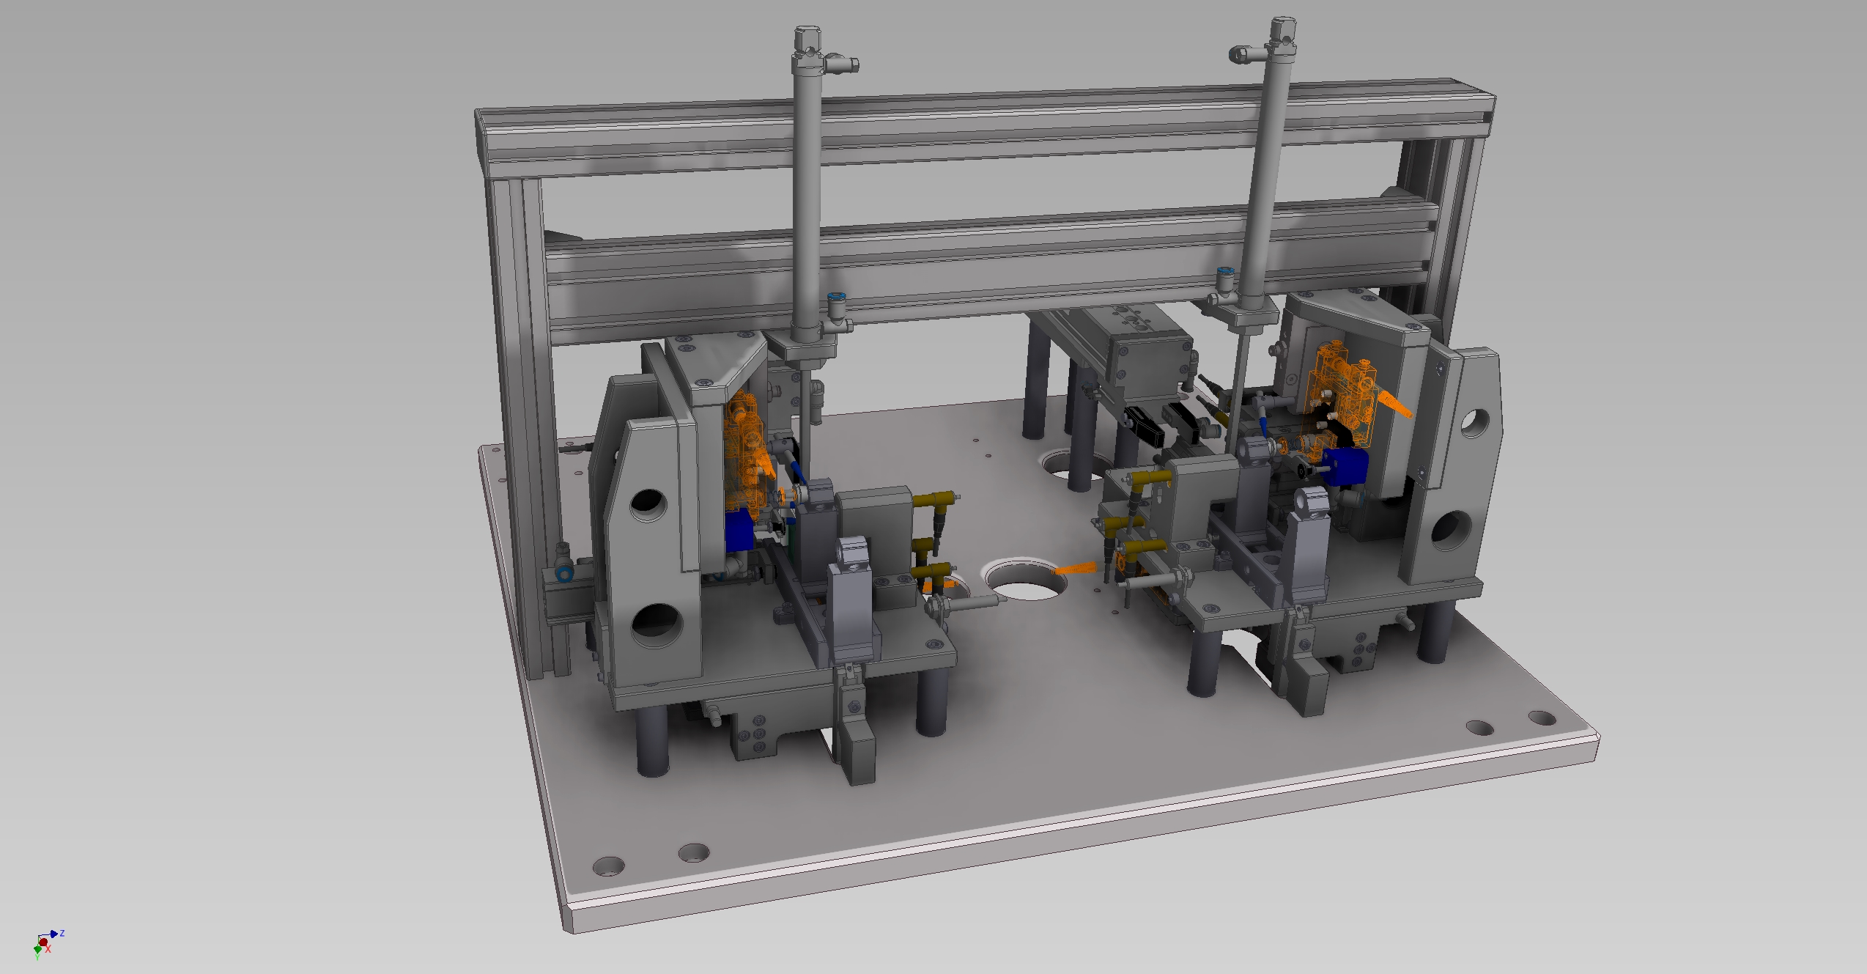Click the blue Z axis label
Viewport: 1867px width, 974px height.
[x=62, y=933]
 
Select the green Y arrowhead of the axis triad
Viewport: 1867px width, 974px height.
[x=37, y=951]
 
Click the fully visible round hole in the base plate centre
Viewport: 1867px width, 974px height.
[x=1027, y=580]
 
